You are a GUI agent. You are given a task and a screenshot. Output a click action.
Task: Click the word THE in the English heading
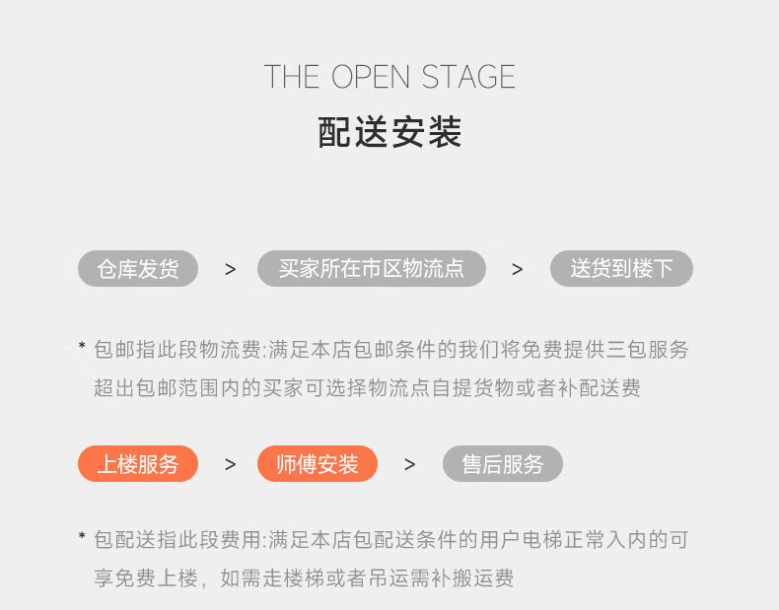point(293,77)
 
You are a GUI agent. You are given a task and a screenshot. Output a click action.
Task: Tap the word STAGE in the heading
point(468,77)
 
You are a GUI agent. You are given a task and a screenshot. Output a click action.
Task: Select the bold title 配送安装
point(389,132)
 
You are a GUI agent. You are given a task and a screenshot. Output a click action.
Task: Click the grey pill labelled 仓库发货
point(138,269)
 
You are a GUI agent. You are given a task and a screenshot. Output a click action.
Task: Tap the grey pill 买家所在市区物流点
point(372,269)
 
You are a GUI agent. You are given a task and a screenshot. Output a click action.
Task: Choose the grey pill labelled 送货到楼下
point(621,269)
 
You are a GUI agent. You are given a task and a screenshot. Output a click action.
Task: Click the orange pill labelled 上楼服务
point(138,464)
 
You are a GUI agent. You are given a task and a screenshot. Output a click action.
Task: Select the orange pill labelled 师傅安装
point(318,464)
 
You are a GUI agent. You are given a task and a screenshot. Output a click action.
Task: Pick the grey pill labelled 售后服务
point(503,464)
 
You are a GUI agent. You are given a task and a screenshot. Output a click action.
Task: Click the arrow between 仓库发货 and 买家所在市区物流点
point(230,269)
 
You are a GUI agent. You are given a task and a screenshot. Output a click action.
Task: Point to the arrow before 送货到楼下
point(517,269)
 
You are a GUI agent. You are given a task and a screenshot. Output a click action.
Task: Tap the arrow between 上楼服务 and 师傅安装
point(230,464)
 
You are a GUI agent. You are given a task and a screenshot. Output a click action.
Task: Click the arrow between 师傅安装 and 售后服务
point(409,464)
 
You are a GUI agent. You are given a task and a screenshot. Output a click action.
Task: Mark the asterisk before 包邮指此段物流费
point(82,346)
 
